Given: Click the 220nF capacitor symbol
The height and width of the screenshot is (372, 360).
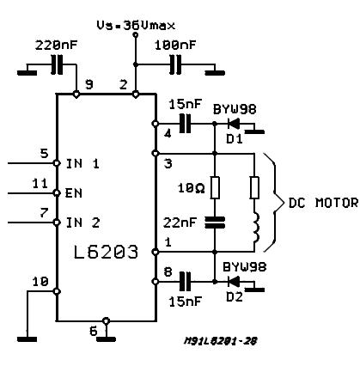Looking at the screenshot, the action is [x=57, y=64].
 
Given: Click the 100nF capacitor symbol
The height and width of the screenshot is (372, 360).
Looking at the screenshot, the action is [x=175, y=64].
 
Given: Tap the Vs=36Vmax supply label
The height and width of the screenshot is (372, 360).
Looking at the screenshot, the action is [x=136, y=26].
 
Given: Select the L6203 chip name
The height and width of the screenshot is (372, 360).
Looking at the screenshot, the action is [x=106, y=253].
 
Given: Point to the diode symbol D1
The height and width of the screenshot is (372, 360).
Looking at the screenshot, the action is [x=234, y=124].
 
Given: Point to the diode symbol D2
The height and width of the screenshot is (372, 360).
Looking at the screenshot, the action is [x=234, y=282].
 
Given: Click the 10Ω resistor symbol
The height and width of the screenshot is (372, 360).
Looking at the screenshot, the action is [x=215, y=188].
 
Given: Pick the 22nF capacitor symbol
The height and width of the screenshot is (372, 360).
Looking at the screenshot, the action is [x=215, y=223].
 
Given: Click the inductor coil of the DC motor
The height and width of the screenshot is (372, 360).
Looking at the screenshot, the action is [x=256, y=228].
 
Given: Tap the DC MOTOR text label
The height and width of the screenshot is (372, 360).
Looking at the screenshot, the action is [x=323, y=203].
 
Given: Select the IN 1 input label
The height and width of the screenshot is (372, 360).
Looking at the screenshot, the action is [x=82, y=164].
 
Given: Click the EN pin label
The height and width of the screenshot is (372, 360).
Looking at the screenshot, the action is [x=74, y=193].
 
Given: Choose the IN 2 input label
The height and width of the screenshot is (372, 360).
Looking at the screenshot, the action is [x=83, y=223].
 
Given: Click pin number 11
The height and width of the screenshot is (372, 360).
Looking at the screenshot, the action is [x=40, y=184].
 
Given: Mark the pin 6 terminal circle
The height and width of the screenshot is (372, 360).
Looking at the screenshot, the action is [x=106, y=320].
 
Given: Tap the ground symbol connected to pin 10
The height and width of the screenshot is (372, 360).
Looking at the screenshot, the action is [x=27, y=339].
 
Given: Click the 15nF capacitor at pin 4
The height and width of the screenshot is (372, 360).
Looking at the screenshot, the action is [x=186, y=124].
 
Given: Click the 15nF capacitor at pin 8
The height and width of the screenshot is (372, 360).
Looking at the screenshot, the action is [x=186, y=282].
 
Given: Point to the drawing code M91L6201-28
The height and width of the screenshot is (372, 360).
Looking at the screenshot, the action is [x=221, y=341].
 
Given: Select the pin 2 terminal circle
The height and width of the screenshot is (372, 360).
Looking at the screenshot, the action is [x=136, y=94].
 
